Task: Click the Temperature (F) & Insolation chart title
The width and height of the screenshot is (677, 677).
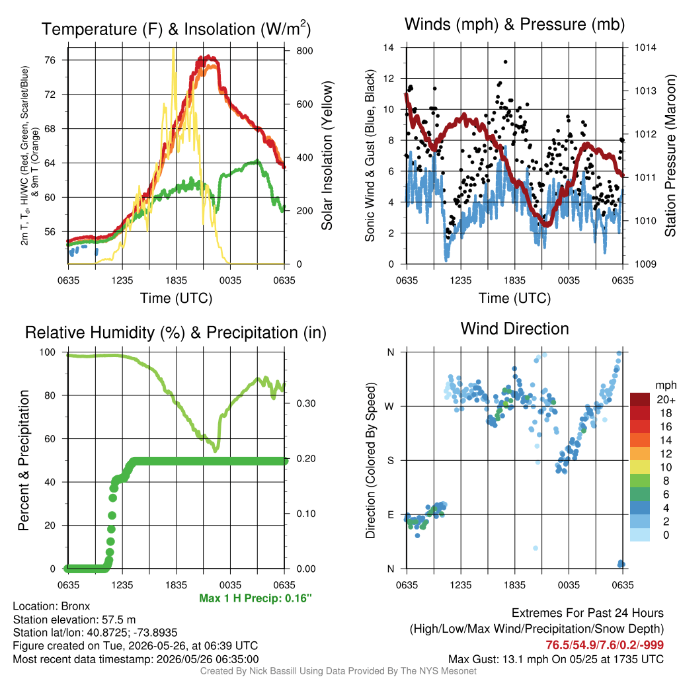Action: tap(176, 29)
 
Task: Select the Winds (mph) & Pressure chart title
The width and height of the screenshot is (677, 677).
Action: tap(514, 24)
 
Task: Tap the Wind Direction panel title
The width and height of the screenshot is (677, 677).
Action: tap(514, 329)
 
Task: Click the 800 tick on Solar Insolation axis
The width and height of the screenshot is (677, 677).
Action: tap(304, 50)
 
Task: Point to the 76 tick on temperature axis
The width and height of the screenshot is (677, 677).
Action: tap(50, 60)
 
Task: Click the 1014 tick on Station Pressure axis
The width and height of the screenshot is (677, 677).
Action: tap(645, 48)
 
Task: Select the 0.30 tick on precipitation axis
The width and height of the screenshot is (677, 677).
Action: tap(305, 403)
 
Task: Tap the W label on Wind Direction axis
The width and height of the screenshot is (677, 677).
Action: tap(389, 407)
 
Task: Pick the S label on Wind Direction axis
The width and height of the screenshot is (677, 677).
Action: tap(390, 460)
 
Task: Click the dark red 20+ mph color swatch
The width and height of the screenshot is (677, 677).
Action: tap(640, 399)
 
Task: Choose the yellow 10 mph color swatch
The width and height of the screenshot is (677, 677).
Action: tap(640, 467)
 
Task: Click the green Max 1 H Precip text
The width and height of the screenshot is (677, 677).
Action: tap(255, 598)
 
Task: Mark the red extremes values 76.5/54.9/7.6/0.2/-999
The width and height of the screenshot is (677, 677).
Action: tap(604, 645)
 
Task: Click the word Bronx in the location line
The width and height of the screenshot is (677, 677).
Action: tap(75, 606)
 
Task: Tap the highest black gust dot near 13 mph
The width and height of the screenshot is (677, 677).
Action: tap(506, 61)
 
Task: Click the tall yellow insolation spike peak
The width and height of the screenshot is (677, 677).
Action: tap(174, 49)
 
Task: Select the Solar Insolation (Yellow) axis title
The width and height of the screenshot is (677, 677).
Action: tap(327, 155)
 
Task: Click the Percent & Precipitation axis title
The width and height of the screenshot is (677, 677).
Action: tap(24, 460)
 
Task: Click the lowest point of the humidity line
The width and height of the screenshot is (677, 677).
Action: tap(216, 450)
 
